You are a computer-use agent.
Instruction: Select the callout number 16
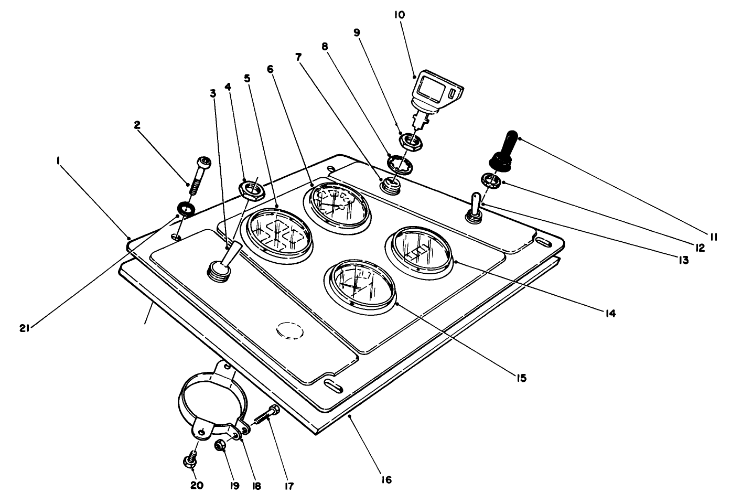coord(386,479)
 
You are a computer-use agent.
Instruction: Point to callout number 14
coord(609,314)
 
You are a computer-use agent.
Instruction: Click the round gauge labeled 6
coord(336,205)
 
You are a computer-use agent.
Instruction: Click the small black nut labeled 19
coord(221,446)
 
